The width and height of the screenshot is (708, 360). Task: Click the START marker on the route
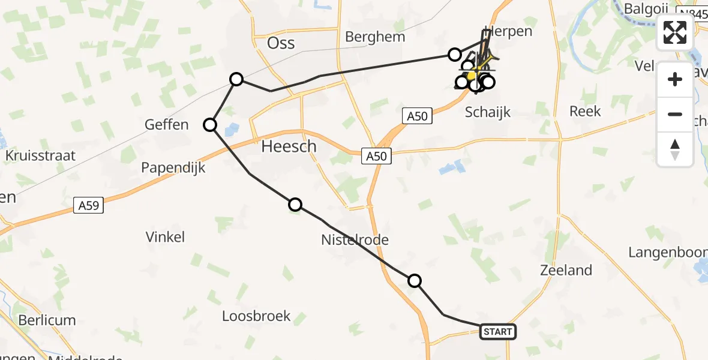click(x=498, y=332)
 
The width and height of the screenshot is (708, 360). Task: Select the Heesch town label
click(x=289, y=146)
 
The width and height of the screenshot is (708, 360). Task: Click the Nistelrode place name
click(x=355, y=241)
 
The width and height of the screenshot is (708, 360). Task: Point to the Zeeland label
click(x=566, y=271)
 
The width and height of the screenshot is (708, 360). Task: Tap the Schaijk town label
click(x=488, y=112)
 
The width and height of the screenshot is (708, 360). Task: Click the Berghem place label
click(x=375, y=37)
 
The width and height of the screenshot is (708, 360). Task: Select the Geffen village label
click(x=166, y=125)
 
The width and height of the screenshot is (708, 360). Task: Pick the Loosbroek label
click(x=256, y=316)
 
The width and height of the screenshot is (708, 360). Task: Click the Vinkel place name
click(x=165, y=237)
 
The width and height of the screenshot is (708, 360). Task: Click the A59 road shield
click(x=89, y=205)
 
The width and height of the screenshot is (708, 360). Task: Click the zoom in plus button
click(x=675, y=79)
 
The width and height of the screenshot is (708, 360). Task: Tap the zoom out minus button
click(x=675, y=114)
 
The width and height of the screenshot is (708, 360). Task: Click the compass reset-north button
click(x=675, y=149)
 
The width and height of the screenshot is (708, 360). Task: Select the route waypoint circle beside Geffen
click(x=210, y=125)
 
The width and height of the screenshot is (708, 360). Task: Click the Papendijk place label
click(x=173, y=168)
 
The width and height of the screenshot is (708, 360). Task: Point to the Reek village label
click(x=584, y=112)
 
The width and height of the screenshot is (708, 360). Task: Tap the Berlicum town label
click(x=47, y=320)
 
